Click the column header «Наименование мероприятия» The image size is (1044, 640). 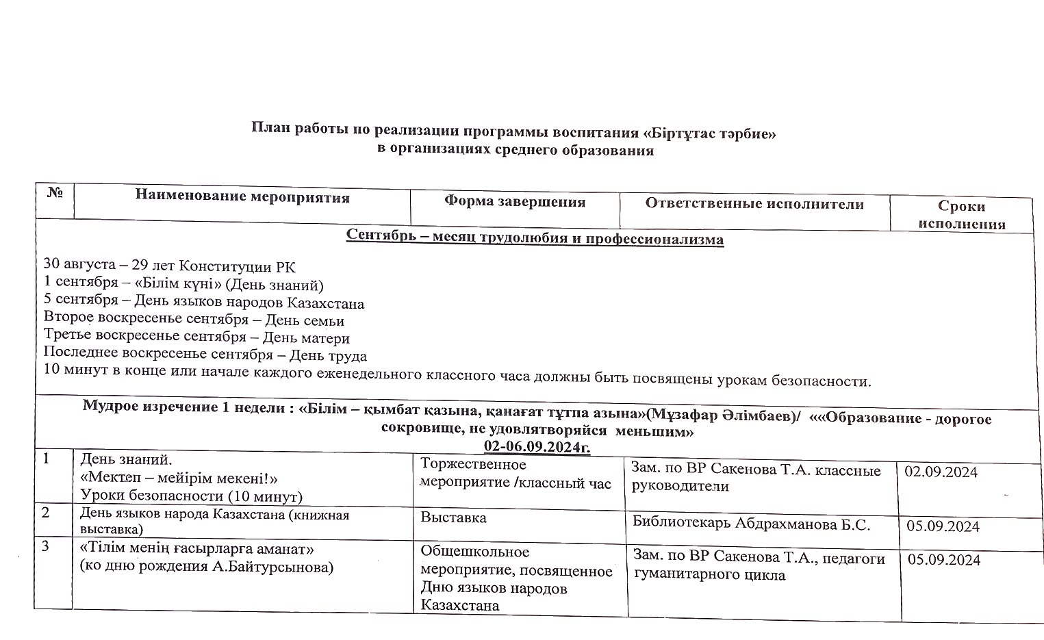tap(242, 198)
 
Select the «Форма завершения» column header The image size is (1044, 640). tap(515, 202)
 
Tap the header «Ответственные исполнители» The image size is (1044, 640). tap(754, 204)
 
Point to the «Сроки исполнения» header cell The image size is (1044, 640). tap(961, 215)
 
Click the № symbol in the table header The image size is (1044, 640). tap(55, 193)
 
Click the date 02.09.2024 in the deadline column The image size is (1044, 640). tap(941, 472)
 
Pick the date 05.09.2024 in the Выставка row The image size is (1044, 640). tap(943, 526)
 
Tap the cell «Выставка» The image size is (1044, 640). tap(453, 518)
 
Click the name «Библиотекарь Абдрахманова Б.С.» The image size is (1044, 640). tap(751, 524)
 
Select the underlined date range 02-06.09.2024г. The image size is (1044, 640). tap(537, 447)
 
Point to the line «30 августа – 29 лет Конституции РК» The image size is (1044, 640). tap(169, 266)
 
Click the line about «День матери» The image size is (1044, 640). tap(196, 337)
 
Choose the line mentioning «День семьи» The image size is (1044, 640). tap(194, 320)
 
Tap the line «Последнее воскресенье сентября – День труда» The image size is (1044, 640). tap(205, 356)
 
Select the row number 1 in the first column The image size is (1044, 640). tap(46, 459)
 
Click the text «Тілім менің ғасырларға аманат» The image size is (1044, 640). tap(197, 550)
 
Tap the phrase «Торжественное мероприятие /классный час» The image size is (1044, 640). tap(515, 474)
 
